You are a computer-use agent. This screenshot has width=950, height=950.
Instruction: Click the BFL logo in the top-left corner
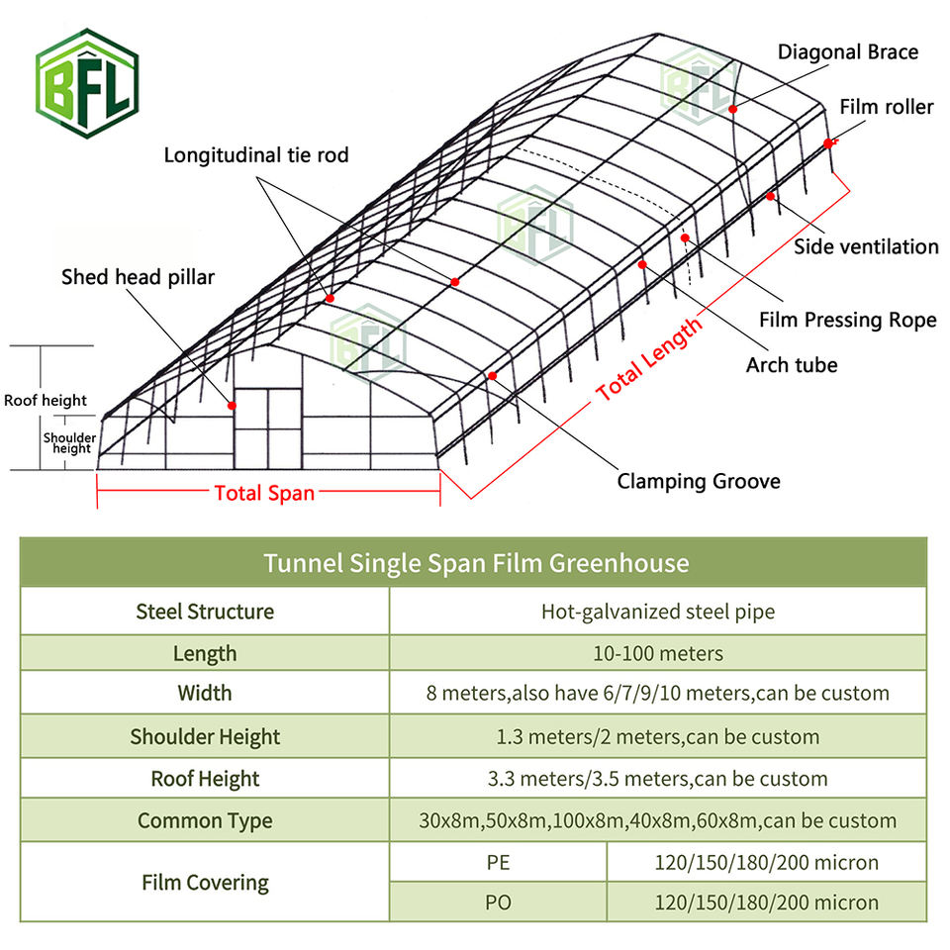[x=86, y=82]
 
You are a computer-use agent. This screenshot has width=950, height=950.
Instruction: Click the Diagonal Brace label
[x=848, y=51]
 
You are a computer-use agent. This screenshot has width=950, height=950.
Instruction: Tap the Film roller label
[x=886, y=106]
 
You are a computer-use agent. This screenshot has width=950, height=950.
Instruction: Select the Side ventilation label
[x=866, y=246]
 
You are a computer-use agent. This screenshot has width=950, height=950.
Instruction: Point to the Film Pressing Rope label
[x=847, y=320]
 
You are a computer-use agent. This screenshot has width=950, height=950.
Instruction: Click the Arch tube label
[x=792, y=365]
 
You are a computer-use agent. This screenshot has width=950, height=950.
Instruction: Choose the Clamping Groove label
[x=699, y=481]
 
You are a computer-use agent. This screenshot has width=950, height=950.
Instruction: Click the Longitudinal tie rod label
[x=256, y=155]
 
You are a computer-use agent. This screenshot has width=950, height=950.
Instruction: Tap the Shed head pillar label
[x=138, y=276]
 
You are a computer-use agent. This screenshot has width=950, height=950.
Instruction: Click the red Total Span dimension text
[x=264, y=492]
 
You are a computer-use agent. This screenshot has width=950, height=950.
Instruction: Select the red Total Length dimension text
[x=649, y=358]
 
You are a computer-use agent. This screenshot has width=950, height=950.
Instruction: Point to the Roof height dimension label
[x=46, y=401]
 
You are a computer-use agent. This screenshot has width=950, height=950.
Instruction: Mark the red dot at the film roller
[x=827, y=143]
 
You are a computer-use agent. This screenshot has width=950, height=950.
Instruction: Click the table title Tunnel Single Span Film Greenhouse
[x=475, y=563]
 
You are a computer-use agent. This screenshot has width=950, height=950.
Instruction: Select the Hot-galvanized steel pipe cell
[x=658, y=612]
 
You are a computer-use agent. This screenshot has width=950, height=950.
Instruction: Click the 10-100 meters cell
[x=658, y=653]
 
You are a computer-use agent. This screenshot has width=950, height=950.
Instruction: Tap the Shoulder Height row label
[x=205, y=736]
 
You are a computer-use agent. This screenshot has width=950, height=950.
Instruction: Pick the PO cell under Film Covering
[x=498, y=902]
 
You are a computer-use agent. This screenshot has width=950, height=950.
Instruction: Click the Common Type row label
[x=205, y=820]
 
